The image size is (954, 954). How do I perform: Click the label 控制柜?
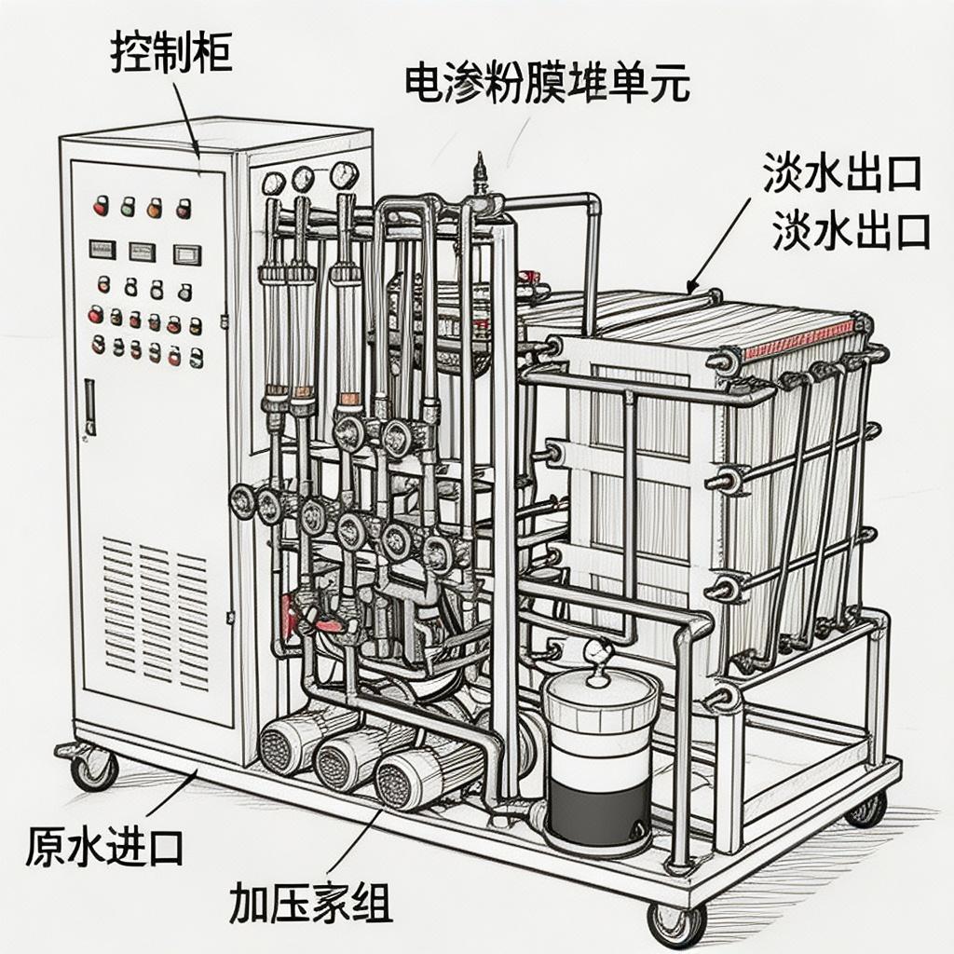[x=170, y=53]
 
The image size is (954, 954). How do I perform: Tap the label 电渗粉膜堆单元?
[x=547, y=83]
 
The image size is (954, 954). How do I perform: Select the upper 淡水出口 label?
[x=842, y=173]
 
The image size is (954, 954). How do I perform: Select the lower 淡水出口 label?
[x=851, y=230]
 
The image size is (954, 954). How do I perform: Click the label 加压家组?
[x=310, y=901]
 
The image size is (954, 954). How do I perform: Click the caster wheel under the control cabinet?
[x=95, y=769]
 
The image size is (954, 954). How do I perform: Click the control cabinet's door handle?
[x=89, y=406]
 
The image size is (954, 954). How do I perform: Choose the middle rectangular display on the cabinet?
[x=142, y=251]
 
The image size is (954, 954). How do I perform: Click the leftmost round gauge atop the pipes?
[x=274, y=183]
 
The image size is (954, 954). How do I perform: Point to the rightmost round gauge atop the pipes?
[x=344, y=174]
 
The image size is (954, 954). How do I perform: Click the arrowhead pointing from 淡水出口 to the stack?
[x=692, y=286]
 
